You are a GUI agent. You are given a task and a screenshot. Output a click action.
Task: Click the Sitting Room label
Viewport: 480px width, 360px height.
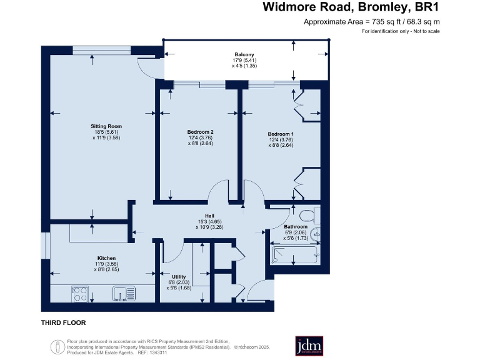(x=106, y=126)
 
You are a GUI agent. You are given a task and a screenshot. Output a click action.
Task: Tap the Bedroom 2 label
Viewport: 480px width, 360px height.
(x=200, y=132)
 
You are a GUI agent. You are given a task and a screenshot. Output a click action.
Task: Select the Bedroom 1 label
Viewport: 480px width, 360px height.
(x=281, y=134)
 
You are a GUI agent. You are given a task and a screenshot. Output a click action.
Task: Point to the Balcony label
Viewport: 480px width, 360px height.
(x=244, y=54)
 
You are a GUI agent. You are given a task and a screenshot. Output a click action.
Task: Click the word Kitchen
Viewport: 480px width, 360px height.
(x=106, y=258)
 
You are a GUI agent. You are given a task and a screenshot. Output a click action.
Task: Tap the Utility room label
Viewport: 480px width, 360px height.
(x=179, y=277)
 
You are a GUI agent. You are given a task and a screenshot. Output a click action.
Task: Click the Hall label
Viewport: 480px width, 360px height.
(x=210, y=216)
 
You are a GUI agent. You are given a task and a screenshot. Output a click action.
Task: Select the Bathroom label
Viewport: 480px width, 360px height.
(x=296, y=226)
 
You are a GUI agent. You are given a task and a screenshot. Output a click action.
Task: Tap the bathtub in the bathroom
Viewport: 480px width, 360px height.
(x=296, y=255)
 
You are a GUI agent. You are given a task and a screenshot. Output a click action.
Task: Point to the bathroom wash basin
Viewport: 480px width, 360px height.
(x=316, y=235)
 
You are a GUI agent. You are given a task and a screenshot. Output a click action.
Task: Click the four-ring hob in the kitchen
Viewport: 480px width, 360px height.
(x=80, y=294)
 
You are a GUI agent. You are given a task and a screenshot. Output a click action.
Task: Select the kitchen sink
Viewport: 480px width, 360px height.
(x=124, y=294)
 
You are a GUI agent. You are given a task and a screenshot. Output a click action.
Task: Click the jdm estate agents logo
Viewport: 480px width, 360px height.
(x=309, y=346)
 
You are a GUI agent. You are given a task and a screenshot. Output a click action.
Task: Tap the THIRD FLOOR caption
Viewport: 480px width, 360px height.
(x=63, y=322)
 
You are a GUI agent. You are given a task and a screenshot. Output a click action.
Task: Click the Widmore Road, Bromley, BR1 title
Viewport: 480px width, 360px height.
(x=351, y=7)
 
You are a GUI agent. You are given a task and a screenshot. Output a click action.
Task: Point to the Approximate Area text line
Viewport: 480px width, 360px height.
(x=372, y=22)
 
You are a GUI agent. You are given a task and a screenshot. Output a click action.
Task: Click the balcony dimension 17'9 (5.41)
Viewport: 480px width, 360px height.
(x=244, y=60)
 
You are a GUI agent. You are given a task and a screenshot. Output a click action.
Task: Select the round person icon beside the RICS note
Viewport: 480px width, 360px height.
(x=58, y=347)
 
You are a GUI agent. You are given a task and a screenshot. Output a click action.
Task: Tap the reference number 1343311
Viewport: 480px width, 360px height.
(x=158, y=352)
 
